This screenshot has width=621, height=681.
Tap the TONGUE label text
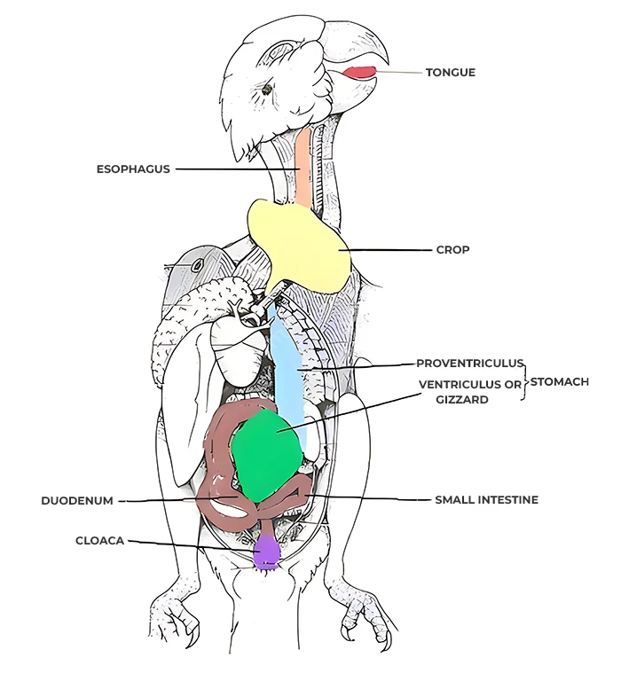click(x=450, y=73)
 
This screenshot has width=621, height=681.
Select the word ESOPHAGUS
click(x=133, y=169)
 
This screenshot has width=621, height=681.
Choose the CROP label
click(x=452, y=250)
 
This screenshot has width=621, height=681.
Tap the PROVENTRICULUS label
click(x=470, y=363)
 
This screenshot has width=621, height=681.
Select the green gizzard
click(x=266, y=456)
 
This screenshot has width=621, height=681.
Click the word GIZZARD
click(x=462, y=400)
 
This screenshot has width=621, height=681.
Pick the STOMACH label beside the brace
click(x=560, y=382)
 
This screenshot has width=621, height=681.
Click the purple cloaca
click(x=265, y=552)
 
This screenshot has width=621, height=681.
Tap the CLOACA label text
click(x=100, y=541)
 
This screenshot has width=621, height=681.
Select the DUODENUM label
click(x=77, y=501)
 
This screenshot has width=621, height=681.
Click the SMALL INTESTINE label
click(x=487, y=500)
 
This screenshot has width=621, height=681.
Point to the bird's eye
click(x=266, y=90)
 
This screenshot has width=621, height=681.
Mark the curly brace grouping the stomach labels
click(x=526, y=382)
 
